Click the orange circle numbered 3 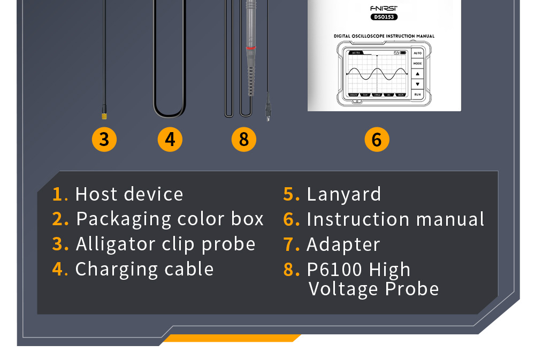pyautogui.click(x=104, y=140)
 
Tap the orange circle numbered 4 pyautogui.click(x=170, y=140)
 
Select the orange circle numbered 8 pyautogui.click(x=244, y=140)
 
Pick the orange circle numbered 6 pyautogui.click(x=377, y=140)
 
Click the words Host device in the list pyautogui.click(x=129, y=194)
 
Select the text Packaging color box pyautogui.click(x=170, y=219)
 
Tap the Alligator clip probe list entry pyautogui.click(x=165, y=244)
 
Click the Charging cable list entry pyautogui.click(x=144, y=269)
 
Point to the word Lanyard pyautogui.click(x=343, y=194)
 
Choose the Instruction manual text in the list pyautogui.click(x=395, y=219)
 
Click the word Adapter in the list pyautogui.click(x=343, y=244)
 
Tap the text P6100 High pyautogui.click(x=358, y=270)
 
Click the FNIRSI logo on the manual pyautogui.click(x=384, y=8)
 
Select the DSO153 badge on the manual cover pyautogui.click(x=384, y=17)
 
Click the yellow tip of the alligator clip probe pyautogui.click(x=104, y=115)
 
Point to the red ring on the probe pyautogui.click(x=250, y=48)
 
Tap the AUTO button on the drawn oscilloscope pyautogui.click(x=417, y=53)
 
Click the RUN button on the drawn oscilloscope pyautogui.click(x=417, y=94)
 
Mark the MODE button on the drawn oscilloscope pyautogui.click(x=417, y=64)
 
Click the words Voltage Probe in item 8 pyautogui.click(x=373, y=289)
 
